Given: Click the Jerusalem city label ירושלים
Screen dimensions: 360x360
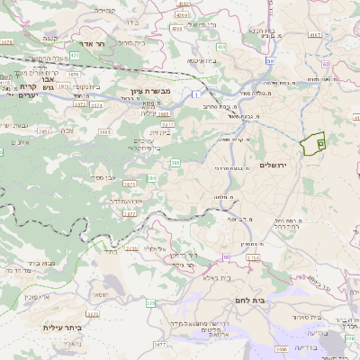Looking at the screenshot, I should point(271,166).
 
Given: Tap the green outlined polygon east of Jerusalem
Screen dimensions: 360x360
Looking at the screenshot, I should point(314,144).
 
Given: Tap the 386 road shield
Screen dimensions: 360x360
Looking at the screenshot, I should point(175,163).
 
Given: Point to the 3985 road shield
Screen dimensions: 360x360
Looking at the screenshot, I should point(105,132).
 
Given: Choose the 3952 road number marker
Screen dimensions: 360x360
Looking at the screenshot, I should point(43,130).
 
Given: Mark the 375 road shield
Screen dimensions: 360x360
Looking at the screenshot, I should point(151,303).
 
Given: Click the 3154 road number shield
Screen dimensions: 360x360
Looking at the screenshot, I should point(252,256).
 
